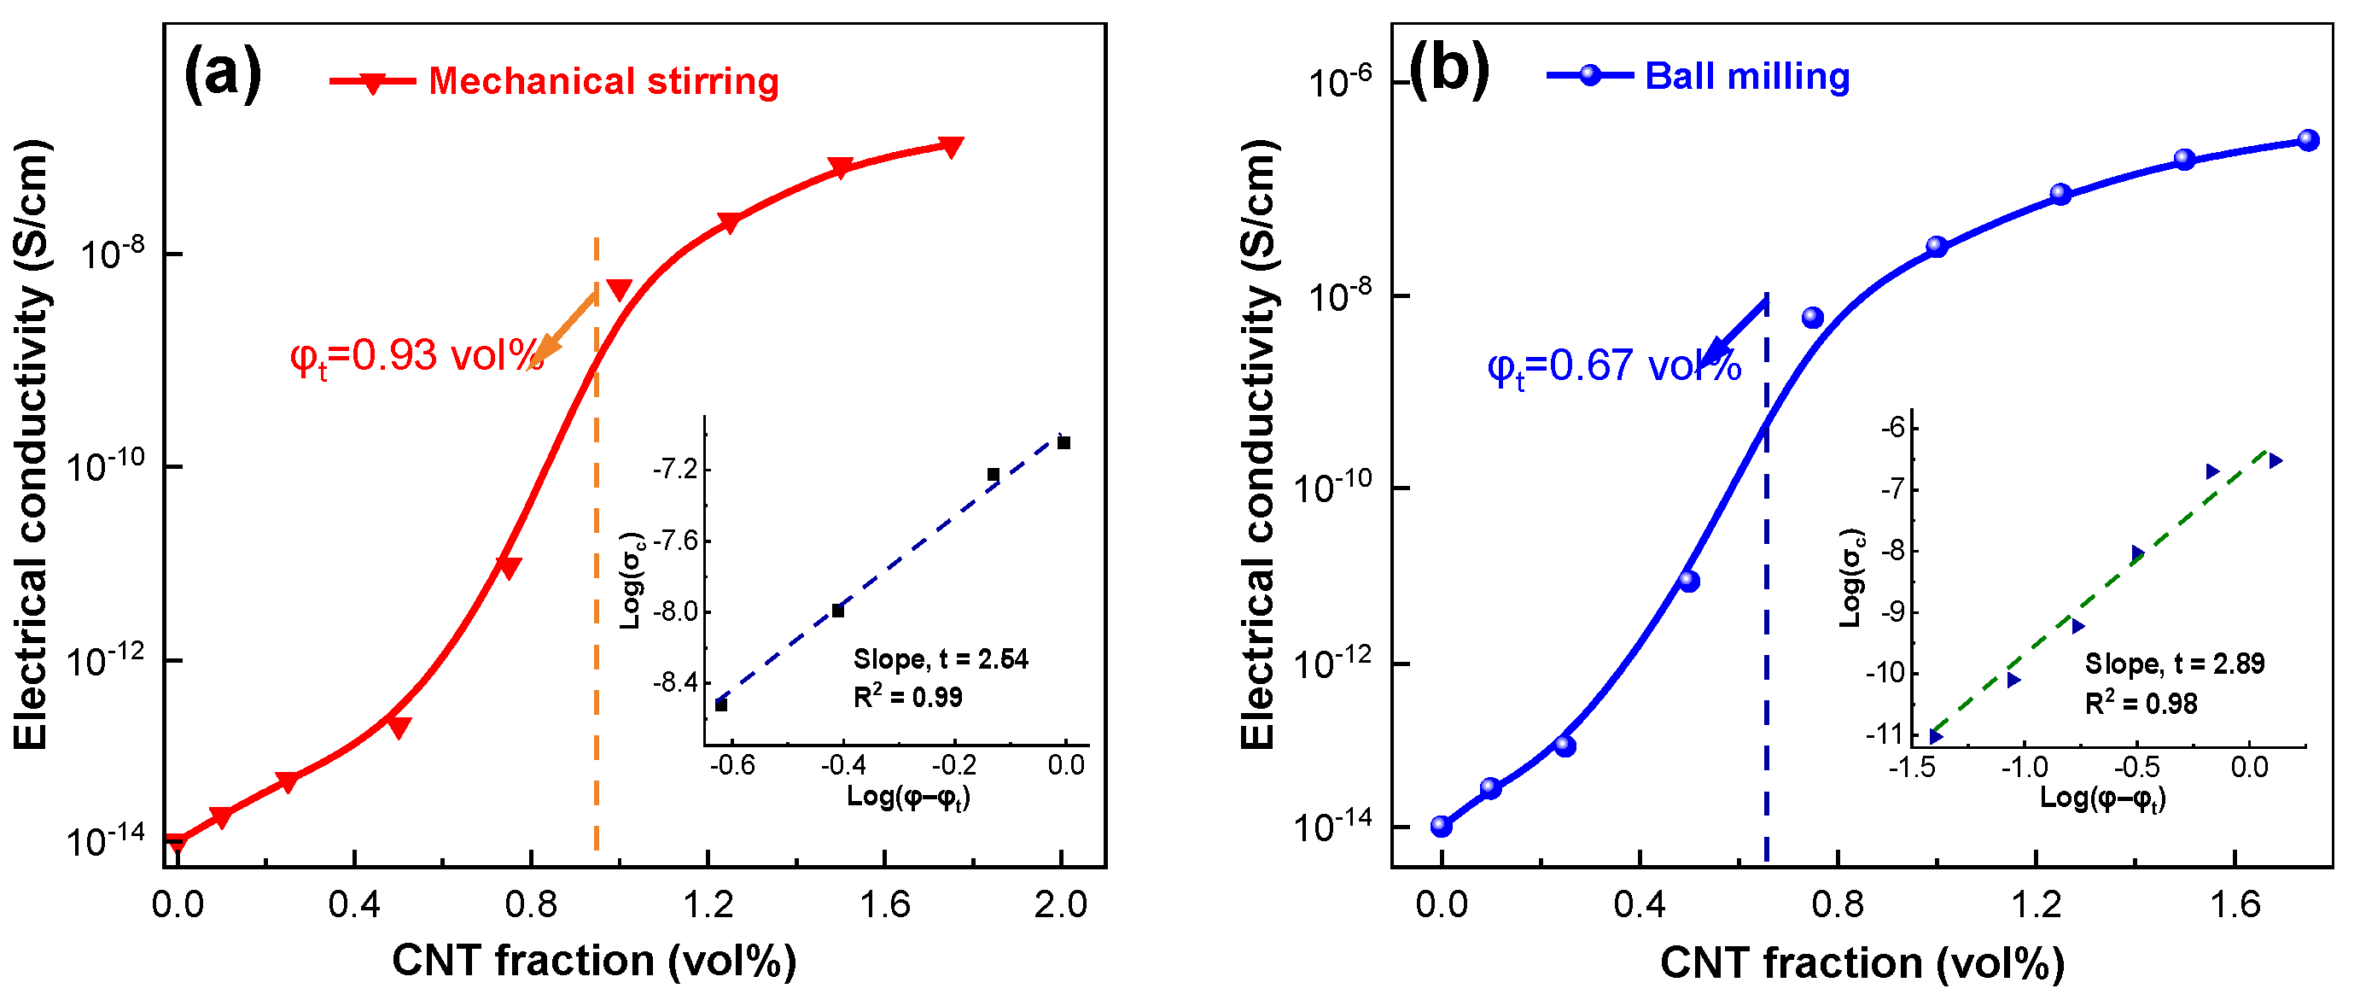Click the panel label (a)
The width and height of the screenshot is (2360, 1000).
click(x=223, y=73)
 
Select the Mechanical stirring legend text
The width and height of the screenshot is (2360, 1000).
click(x=603, y=82)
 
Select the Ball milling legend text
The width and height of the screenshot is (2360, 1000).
click(x=1747, y=76)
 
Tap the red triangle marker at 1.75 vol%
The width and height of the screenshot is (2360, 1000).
click(x=951, y=147)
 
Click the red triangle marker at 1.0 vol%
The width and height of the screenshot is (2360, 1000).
click(x=620, y=290)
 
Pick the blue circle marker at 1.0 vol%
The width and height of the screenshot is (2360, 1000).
click(x=1936, y=247)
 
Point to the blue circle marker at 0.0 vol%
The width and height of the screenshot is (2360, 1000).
click(x=1441, y=827)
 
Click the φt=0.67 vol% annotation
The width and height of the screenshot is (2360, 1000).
click(x=1612, y=367)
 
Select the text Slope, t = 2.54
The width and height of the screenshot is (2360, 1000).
click(x=940, y=659)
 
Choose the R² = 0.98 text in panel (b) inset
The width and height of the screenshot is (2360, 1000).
click(x=2140, y=704)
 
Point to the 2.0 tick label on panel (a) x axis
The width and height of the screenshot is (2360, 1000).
click(x=1060, y=905)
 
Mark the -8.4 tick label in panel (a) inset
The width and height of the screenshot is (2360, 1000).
click(x=674, y=683)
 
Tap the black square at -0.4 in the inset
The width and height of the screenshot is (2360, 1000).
click(x=837, y=611)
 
